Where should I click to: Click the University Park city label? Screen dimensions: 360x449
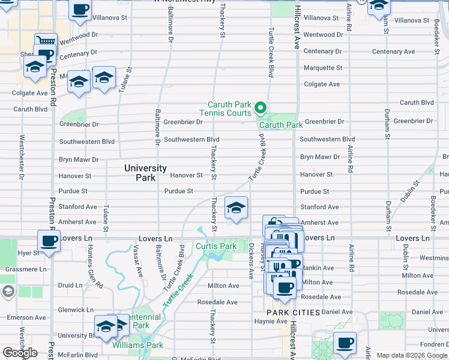[x=145, y=173]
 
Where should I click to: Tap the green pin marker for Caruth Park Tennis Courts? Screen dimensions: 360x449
[x=261, y=109]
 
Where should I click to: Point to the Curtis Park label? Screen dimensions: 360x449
[x=216, y=247]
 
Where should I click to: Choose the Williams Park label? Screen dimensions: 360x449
[x=137, y=345]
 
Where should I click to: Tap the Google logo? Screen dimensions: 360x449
[x=20, y=352]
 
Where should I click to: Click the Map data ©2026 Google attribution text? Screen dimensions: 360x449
[x=412, y=355]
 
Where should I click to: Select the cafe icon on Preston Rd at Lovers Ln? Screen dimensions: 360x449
[x=49, y=241]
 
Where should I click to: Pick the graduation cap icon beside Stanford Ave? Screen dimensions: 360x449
[x=237, y=208]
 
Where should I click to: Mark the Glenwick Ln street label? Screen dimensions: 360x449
[x=76, y=310]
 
